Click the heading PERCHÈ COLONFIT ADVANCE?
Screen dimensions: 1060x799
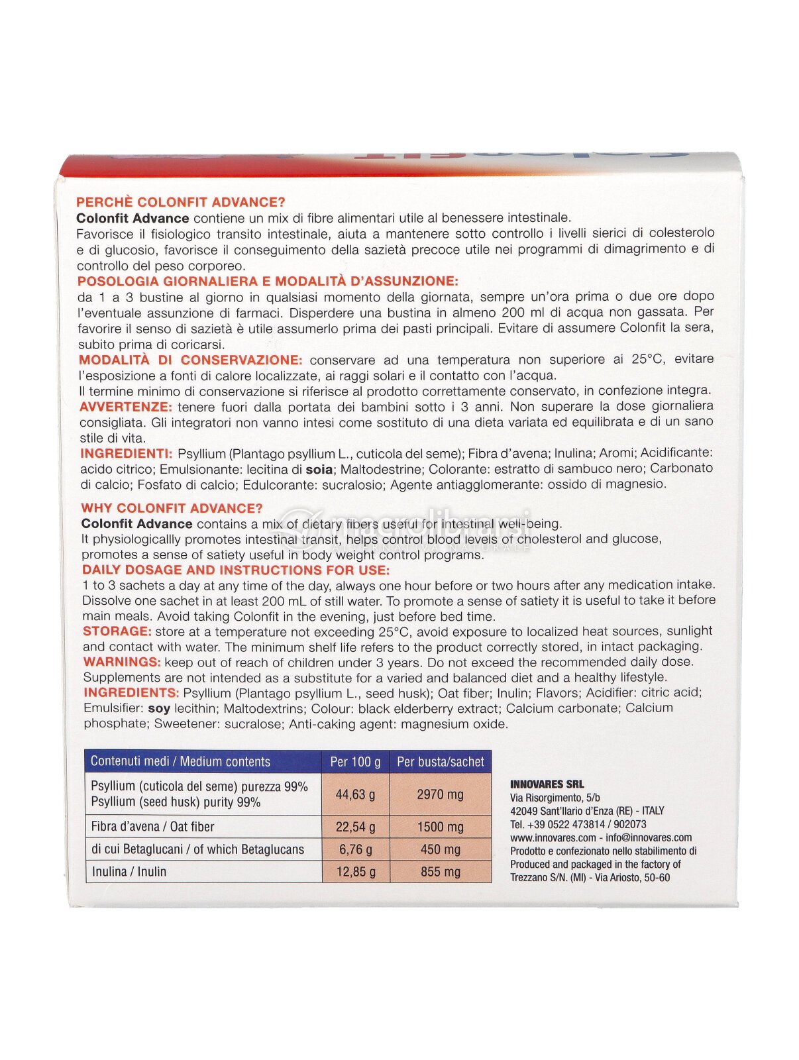click(x=180, y=203)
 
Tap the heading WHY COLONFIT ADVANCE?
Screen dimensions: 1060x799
click(x=172, y=508)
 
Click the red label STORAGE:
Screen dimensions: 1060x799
click(x=117, y=631)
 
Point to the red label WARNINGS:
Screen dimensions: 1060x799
click(x=122, y=662)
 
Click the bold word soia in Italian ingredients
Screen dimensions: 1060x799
click(x=319, y=469)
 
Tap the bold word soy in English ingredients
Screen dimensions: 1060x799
click(x=159, y=708)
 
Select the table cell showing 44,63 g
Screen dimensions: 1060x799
click(x=355, y=794)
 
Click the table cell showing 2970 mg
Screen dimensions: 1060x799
click(x=440, y=794)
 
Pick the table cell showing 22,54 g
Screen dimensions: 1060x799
click(x=355, y=827)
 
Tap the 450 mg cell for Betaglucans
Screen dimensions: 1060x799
click(x=440, y=849)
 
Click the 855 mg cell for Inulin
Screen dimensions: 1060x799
click(x=440, y=872)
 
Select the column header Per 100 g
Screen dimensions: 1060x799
click(x=355, y=762)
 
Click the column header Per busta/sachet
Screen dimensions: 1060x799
click(x=441, y=762)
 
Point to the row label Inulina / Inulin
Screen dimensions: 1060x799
click(x=129, y=872)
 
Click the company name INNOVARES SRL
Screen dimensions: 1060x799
click(x=547, y=784)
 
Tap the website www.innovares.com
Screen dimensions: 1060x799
click(x=553, y=837)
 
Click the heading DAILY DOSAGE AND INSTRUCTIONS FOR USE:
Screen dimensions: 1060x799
click(x=236, y=570)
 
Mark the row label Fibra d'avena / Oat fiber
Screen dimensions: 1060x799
click(x=152, y=827)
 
